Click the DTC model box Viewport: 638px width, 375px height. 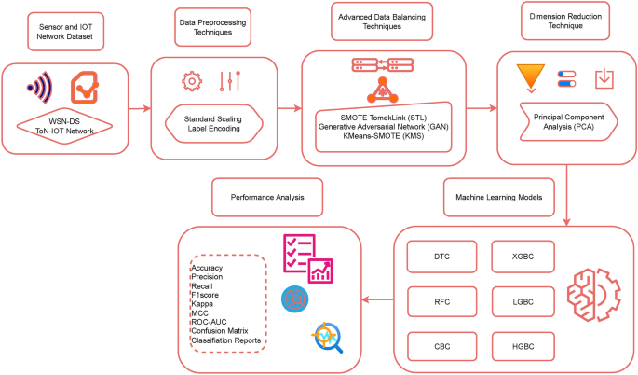(x=442, y=255)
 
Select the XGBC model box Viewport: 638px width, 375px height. (x=518, y=255)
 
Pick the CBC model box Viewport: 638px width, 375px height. (x=442, y=345)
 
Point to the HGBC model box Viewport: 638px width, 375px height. (x=518, y=345)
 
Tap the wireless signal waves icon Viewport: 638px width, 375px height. (x=41, y=89)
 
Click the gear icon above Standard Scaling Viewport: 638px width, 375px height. (x=193, y=81)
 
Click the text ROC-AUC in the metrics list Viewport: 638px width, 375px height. (x=210, y=321)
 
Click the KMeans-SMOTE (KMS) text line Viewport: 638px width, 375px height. (x=383, y=135)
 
